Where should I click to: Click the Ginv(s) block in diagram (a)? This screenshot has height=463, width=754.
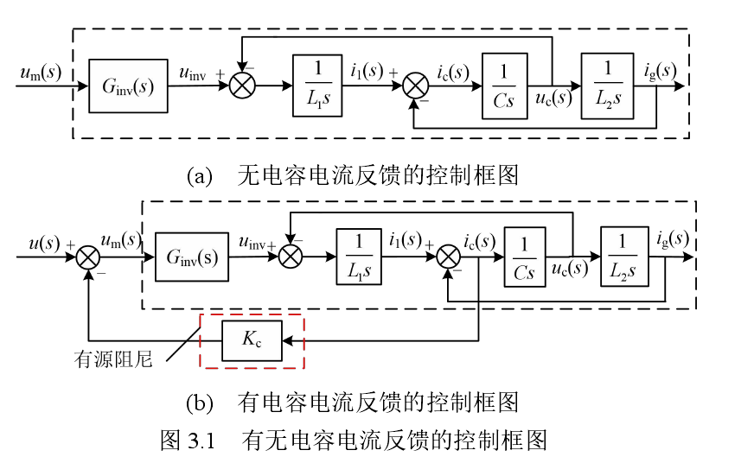[128, 86]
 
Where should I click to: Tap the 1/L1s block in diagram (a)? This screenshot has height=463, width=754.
[317, 86]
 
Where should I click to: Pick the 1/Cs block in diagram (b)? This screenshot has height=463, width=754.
[524, 257]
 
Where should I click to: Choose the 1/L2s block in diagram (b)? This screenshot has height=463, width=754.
[623, 257]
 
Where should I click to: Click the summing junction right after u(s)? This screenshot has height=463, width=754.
[89, 257]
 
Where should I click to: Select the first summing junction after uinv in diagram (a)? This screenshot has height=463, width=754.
[244, 86]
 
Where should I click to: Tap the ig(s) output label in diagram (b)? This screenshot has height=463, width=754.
[673, 238]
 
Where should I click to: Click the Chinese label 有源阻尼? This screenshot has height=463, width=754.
[113, 360]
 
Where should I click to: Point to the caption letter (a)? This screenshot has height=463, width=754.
[199, 176]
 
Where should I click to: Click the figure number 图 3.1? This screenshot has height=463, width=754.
[187, 441]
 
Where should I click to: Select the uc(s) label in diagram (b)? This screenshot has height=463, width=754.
[571, 269]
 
